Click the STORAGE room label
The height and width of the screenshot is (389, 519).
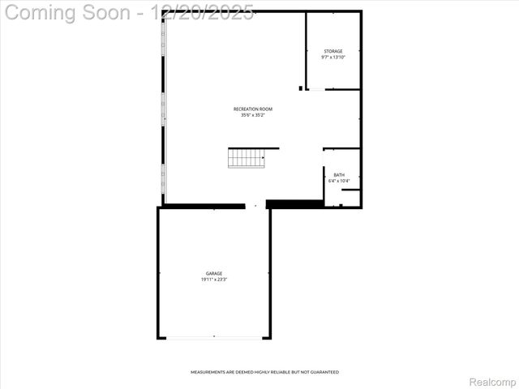point(332,51)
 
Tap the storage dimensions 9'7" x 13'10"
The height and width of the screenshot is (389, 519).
point(332,58)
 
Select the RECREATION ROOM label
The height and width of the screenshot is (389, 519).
point(253,109)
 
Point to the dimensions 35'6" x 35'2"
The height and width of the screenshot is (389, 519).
point(253,115)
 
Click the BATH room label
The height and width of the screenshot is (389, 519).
point(338,175)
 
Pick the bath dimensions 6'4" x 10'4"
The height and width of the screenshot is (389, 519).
point(338,181)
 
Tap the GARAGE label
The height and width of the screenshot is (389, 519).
point(214,273)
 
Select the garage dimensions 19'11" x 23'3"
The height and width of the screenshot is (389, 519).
point(214,280)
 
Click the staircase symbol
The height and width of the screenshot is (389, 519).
point(247,158)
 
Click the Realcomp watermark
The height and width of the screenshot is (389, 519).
point(493,381)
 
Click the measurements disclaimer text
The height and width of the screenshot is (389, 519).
point(264,372)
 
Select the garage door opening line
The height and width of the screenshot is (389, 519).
point(214,337)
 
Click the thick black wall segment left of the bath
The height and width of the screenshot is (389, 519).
point(294,204)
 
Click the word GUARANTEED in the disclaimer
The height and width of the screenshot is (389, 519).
point(324,372)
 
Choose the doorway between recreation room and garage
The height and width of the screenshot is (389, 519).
point(255,206)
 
